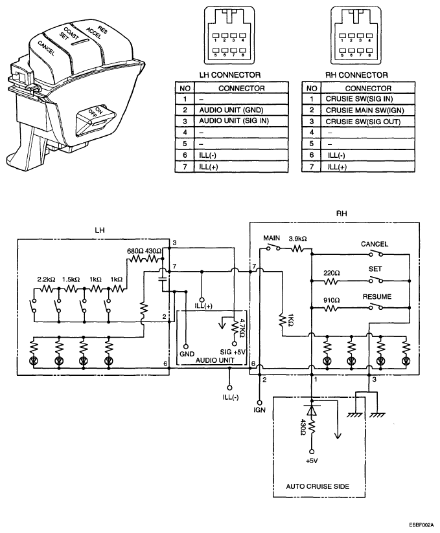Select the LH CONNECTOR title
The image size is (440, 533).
click(x=230, y=75)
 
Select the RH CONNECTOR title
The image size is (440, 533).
click(x=356, y=75)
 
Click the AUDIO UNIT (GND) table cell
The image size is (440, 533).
click(x=231, y=110)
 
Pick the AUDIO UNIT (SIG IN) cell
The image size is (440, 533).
click(x=234, y=121)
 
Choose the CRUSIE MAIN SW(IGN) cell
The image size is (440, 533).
click(x=365, y=110)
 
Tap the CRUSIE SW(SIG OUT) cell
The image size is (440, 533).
click(x=363, y=122)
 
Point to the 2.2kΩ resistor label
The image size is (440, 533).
click(x=46, y=279)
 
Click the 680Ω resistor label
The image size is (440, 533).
click(x=135, y=251)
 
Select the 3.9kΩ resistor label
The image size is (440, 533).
click(x=297, y=239)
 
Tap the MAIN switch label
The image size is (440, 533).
click(x=272, y=238)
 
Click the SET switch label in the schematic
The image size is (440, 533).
click(x=375, y=269)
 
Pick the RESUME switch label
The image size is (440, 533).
click(x=377, y=296)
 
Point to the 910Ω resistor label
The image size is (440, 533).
click(x=331, y=301)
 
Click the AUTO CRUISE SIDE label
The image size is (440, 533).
click(x=318, y=486)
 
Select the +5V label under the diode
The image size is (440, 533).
click(x=312, y=461)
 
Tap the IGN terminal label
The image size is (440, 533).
click(x=259, y=410)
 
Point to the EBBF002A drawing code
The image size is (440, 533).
click(x=422, y=525)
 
